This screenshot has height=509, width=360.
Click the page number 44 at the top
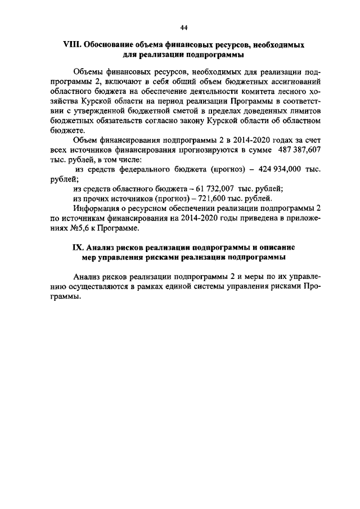[184, 28]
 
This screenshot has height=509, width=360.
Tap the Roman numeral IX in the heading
[80, 247]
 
